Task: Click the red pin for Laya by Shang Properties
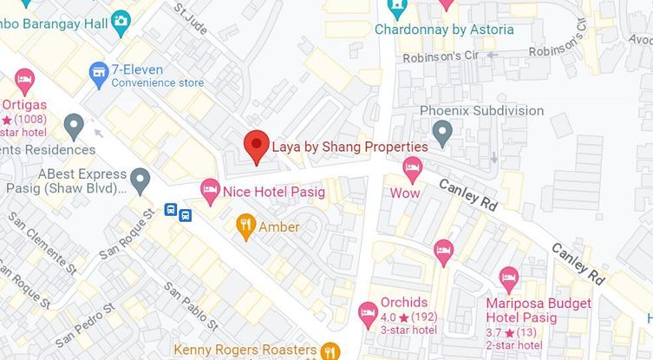pos(255,146)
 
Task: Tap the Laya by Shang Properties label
pos(349,147)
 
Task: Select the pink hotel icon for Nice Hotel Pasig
pos(210,190)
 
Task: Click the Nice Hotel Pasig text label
pos(273,191)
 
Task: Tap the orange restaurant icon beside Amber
pos(245,227)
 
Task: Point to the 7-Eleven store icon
pos(98,69)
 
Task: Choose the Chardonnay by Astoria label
pos(444,29)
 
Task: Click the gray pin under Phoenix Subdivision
pos(442,133)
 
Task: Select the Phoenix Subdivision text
pos(481,111)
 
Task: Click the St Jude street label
pos(191,19)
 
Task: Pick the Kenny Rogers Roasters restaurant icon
pos(329,350)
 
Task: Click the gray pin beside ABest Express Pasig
pos(140,180)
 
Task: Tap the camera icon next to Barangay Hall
pos(121,19)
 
